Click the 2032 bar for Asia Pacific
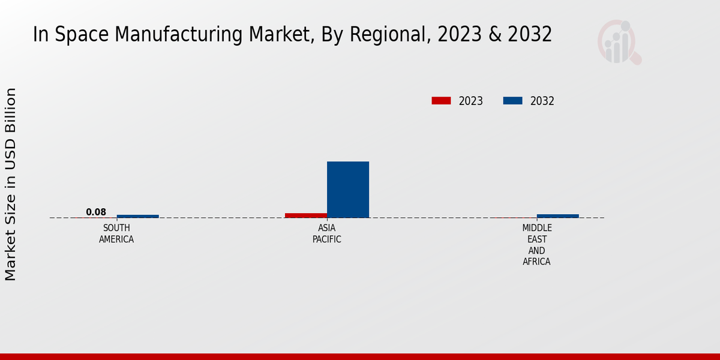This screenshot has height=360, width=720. coord(348,190)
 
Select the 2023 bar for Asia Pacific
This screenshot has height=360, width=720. coord(306,215)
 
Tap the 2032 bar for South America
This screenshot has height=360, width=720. coord(138,216)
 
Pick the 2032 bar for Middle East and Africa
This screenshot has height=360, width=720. coord(558,216)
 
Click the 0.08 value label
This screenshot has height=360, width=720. coord(96,212)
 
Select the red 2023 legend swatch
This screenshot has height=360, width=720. coord(441,101)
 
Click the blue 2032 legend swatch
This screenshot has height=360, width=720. coord(512,101)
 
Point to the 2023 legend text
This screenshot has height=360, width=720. coord(471,101)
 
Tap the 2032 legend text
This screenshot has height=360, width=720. coord(542,101)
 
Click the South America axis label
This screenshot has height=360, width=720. coord(116,234)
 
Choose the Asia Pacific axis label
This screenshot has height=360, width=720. coord(327,234)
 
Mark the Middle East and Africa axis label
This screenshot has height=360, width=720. coord(537,245)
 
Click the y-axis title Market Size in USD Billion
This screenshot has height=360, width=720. coord(11,184)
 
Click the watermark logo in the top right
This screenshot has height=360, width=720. coord(619,42)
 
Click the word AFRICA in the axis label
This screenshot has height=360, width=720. coord(537,262)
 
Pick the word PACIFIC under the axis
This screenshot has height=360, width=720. coord(327,239)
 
